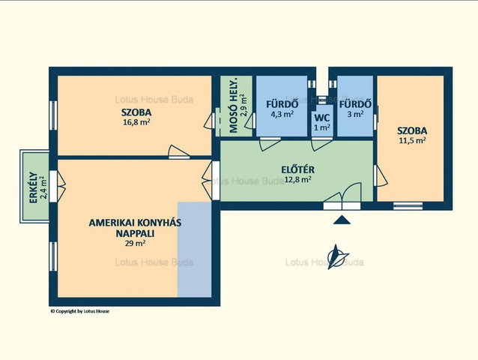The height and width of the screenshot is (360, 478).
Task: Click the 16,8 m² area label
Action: (136, 122)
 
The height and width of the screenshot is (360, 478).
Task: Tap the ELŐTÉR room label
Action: (297, 169)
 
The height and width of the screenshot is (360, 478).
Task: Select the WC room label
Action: (322, 118)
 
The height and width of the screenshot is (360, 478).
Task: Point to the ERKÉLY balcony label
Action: (33, 188)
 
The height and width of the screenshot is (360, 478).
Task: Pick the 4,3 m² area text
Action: (282, 114)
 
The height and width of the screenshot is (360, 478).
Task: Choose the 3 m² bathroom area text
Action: (355, 114)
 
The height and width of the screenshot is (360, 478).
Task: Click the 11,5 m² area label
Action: (412, 141)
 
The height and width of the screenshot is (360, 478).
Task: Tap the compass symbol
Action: (337, 257)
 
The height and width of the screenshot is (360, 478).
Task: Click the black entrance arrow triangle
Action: (342, 220)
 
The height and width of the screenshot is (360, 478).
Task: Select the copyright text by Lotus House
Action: (80, 311)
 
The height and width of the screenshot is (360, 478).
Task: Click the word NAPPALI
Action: (135, 234)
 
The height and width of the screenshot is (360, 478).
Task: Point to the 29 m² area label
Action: (135, 243)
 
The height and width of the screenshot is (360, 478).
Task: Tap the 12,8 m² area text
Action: (297, 179)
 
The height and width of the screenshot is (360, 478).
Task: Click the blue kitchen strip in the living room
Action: (195, 249)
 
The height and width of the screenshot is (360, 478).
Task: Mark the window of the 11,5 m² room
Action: (408, 205)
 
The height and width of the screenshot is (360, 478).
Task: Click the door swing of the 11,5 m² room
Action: (380, 175)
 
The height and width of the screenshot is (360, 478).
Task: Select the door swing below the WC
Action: (321, 144)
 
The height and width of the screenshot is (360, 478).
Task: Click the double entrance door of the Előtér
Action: (342, 196)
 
